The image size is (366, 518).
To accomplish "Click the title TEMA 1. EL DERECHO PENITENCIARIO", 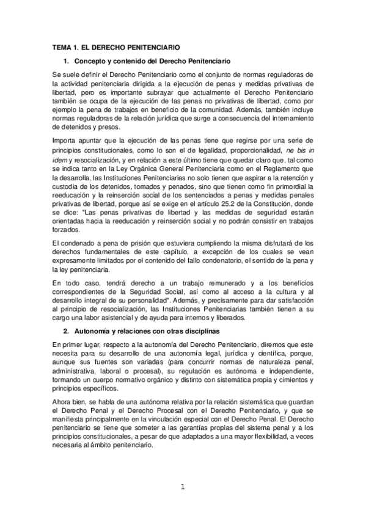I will pos(115,47).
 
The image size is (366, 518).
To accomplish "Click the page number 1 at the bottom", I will pos(182,486).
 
